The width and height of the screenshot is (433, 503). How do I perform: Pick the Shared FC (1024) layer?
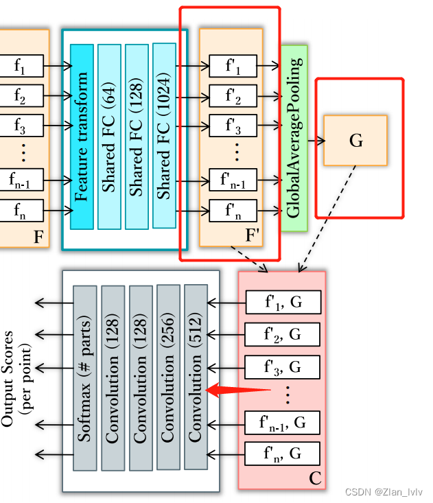(164, 135)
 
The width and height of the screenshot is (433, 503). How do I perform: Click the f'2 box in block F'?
(233, 97)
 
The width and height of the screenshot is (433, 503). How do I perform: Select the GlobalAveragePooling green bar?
(294, 137)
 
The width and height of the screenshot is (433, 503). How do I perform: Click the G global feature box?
(355, 141)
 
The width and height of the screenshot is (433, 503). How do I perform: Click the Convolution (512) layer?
(196, 377)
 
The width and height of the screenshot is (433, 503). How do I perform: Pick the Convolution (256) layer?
(168, 378)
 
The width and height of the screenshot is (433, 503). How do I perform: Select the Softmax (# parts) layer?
(85, 378)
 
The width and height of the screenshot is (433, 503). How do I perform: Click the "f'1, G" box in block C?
(283, 302)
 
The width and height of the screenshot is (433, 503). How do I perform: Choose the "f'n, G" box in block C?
(283, 454)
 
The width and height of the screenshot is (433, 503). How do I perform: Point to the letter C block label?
(315, 478)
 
